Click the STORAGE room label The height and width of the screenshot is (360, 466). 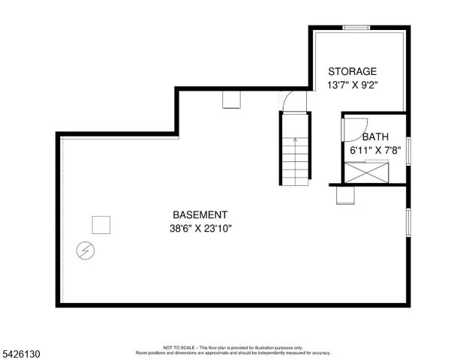(351, 71)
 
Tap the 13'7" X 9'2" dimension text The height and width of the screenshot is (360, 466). (351, 85)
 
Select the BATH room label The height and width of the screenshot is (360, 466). (375, 137)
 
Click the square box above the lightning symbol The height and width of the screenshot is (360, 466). (101, 224)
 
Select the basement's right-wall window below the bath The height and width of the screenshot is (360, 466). (408, 221)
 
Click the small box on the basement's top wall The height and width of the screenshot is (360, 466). (230, 100)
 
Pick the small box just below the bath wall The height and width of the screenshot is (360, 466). (344, 195)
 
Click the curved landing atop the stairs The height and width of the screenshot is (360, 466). (293, 100)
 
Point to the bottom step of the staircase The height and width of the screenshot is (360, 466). (295, 182)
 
